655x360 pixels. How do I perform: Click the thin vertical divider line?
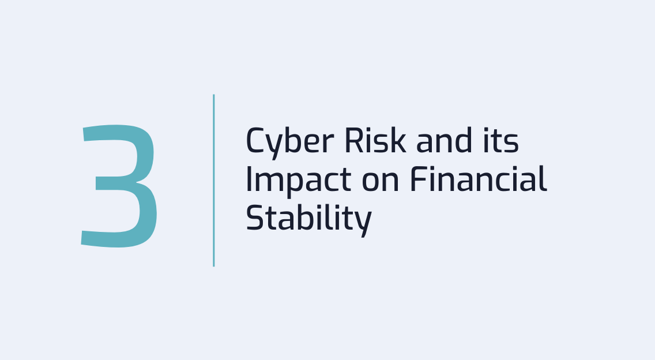point(213,180)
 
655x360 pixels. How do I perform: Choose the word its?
point(501,141)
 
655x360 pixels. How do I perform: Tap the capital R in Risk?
point(348,141)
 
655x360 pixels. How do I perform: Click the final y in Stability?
point(363,222)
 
